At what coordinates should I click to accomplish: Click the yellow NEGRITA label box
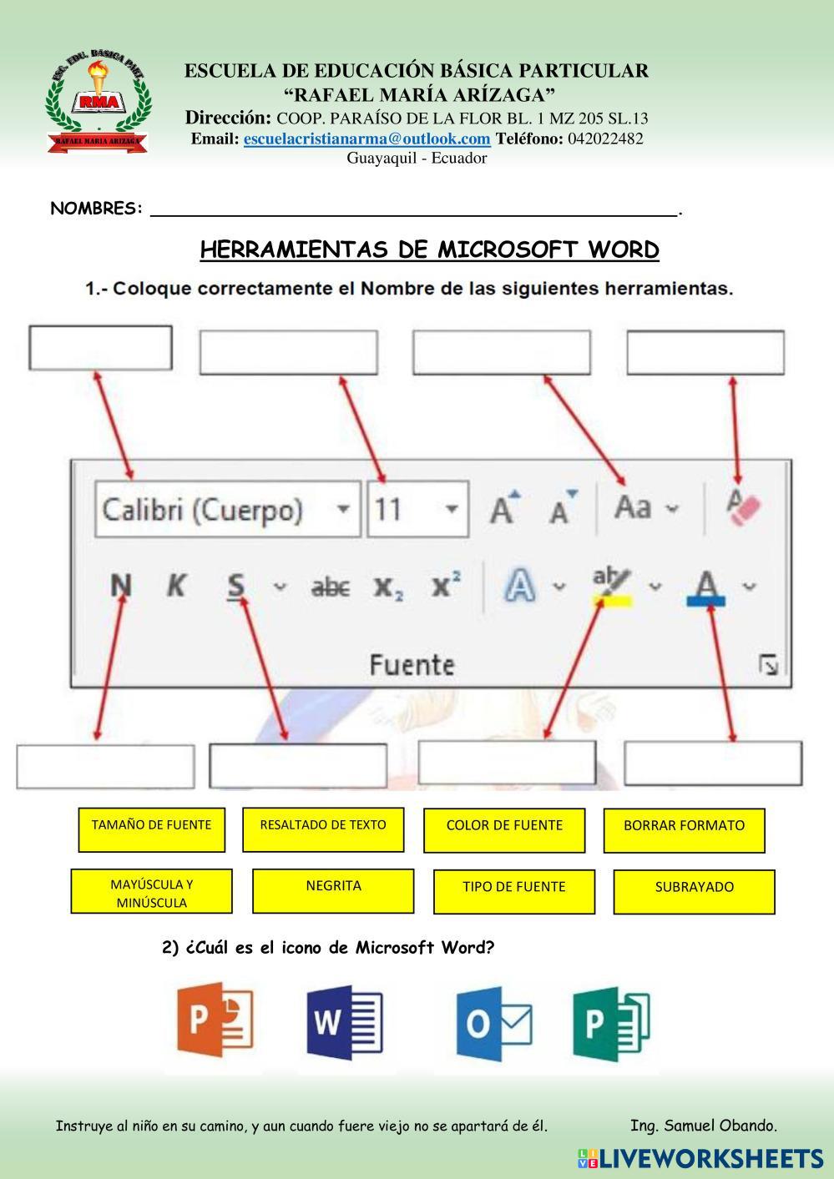tap(332, 890)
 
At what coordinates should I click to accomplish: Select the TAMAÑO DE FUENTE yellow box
tap(151, 829)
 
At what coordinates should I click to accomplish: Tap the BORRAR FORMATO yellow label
tap(684, 830)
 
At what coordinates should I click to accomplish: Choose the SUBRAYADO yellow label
tap(694, 892)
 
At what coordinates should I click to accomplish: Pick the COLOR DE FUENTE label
tap(503, 830)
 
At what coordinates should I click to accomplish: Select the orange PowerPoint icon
tap(215, 1020)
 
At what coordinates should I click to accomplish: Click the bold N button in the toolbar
tap(121, 586)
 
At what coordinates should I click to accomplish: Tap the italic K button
tap(175, 586)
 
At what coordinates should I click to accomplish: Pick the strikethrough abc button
tap(330, 587)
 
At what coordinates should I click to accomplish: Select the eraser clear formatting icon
tap(743, 506)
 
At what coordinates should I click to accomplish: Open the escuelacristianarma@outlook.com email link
tap(366, 139)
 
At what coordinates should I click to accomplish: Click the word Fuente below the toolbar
tap(412, 665)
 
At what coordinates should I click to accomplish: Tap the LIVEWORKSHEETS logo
tap(700, 1158)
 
